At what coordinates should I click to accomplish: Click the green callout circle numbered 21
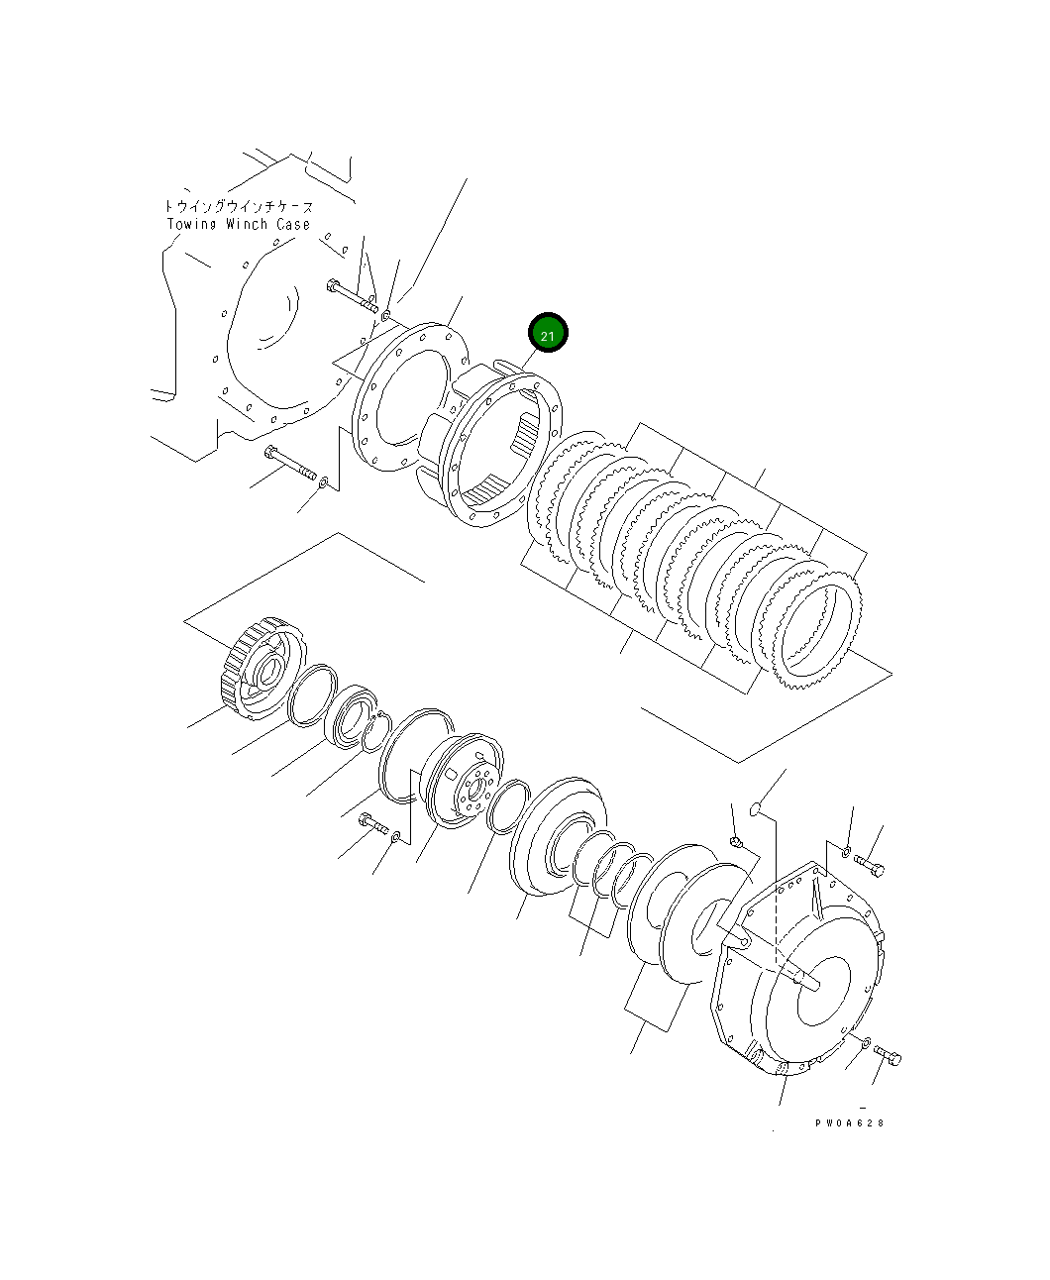pyautogui.click(x=548, y=335)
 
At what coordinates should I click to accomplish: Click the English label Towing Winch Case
pyautogui.click(x=238, y=224)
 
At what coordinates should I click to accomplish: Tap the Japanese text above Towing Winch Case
pyautogui.click(x=238, y=207)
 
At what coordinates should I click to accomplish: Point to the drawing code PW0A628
pyautogui.click(x=849, y=1122)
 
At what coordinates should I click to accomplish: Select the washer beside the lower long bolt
pyautogui.click(x=324, y=481)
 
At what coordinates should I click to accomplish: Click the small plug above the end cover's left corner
pyautogui.click(x=736, y=842)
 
